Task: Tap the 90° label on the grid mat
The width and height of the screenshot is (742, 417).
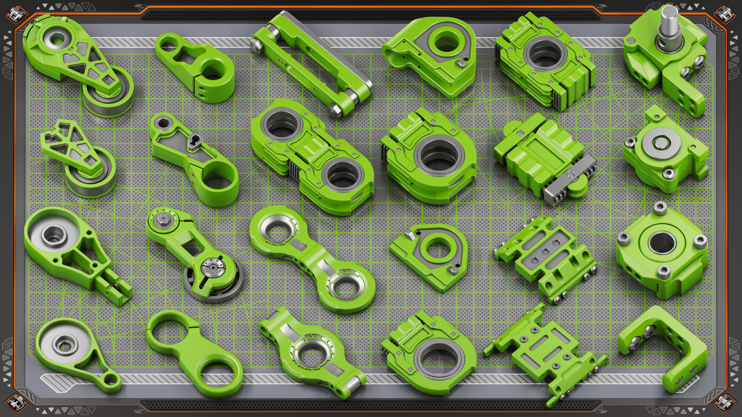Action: [55, 166]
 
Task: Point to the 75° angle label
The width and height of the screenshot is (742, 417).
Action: [123, 166]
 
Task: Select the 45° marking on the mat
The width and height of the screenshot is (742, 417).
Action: [259, 180]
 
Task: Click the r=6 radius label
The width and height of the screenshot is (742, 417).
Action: [37, 163]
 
